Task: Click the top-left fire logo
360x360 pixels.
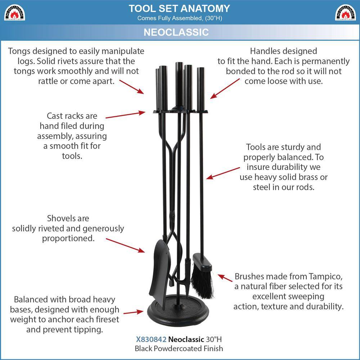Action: (14, 12)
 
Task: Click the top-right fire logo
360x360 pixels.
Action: (345, 12)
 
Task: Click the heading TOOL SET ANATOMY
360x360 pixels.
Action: (179, 9)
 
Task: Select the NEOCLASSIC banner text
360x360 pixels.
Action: (176, 32)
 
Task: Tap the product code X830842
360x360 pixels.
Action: (151, 339)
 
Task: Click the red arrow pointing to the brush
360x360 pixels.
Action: (225, 278)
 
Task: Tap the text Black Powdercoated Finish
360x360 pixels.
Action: (179, 348)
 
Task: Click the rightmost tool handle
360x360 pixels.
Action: (201, 89)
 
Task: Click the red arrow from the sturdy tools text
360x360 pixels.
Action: (223, 173)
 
